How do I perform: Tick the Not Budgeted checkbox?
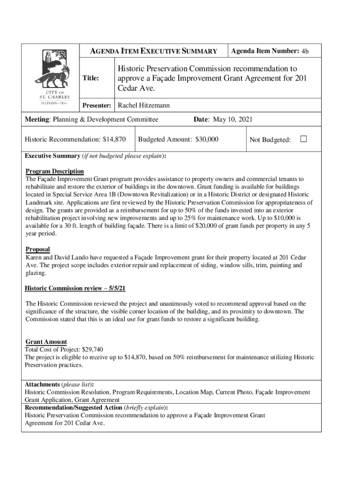coord(303,139)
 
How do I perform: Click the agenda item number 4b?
coord(305,51)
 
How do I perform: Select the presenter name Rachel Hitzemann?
coord(144,106)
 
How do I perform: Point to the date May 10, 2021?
coord(232,120)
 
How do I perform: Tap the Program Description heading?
coord(55,171)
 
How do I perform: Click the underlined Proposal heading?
coord(37,249)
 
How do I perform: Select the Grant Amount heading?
coord(46,342)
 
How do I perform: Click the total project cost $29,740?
coord(93,349)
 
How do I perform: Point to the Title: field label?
coord(91,79)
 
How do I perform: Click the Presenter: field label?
coord(97,106)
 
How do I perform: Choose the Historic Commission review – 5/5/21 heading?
coord(75,288)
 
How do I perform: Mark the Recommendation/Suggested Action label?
coord(73,407)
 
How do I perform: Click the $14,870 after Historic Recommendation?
coord(114,139)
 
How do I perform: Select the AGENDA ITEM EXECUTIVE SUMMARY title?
coord(154,51)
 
